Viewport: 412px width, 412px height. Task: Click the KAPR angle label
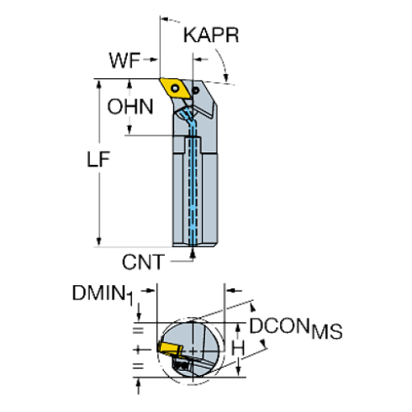tap(212, 37)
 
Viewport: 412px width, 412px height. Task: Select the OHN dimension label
tap(129, 107)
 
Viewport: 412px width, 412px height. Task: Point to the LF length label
tap(102, 157)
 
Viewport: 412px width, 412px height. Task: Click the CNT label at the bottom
tap(142, 262)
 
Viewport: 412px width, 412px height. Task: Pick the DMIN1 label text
tap(99, 293)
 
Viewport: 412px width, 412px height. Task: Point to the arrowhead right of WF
tap(156, 60)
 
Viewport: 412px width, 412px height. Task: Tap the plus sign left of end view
tap(138, 346)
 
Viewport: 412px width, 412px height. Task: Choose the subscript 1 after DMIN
tap(131, 300)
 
